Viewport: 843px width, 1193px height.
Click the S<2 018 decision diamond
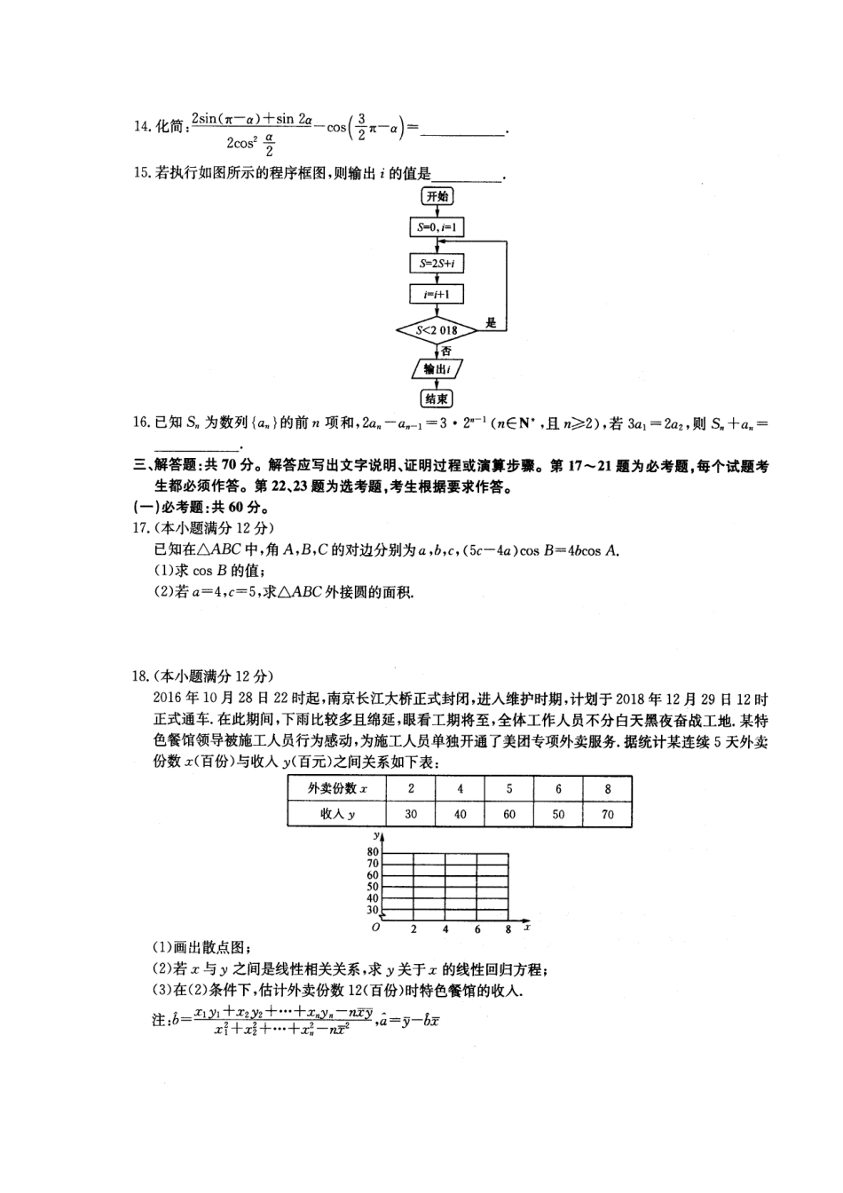(x=437, y=330)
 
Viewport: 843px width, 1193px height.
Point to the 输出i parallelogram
(x=437, y=368)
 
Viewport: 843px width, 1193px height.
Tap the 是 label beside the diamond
(x=491, y=323)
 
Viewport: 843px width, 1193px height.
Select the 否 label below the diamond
(x=445, y=351)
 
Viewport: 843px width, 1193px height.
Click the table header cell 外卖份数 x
(x=337, y=788)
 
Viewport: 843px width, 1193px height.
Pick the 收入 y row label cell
(x=337, y=814)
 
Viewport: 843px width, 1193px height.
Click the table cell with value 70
(x=607, y=814)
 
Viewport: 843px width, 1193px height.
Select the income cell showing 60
(x=508, y=814)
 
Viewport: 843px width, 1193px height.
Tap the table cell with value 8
(x=607, y=788)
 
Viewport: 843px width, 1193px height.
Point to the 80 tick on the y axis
(x=373, y=852)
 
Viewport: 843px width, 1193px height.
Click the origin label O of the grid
(x=375, y=927)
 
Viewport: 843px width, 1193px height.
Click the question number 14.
(x=142, y=127)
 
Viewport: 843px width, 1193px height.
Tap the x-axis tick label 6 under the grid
(x=477, y=929)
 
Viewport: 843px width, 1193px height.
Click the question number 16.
(x=141, y=423)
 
